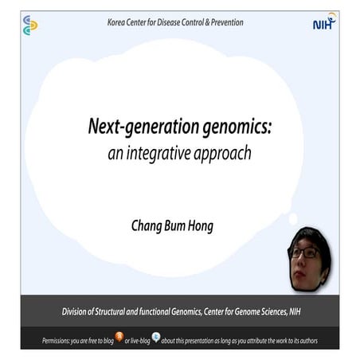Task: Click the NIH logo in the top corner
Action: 324,24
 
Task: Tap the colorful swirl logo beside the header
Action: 30,25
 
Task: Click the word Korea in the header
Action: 119,22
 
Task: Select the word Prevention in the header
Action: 225,22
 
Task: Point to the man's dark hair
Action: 309,237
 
